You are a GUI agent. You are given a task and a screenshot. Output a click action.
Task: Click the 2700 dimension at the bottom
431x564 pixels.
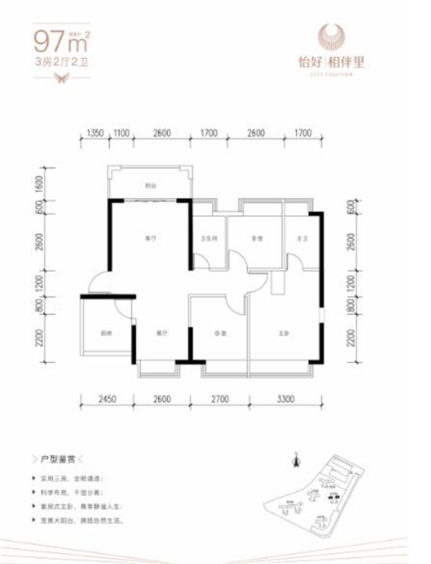[220, 399]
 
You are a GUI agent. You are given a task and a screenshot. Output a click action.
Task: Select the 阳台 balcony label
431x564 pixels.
[150, 186]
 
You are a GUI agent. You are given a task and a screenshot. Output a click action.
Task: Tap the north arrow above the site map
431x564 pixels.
[295, 459]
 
